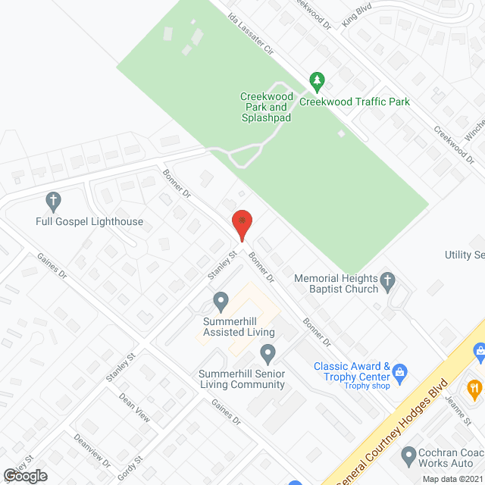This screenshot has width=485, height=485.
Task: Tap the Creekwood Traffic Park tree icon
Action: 317,80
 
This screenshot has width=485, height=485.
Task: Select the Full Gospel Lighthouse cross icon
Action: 53,201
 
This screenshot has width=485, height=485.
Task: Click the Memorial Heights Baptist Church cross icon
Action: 387,282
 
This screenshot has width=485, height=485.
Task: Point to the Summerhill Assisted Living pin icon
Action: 221,302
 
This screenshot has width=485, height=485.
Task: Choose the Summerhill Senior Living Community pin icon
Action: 267,353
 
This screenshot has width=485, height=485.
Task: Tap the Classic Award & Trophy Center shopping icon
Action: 401,372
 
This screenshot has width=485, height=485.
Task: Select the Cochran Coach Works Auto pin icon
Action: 408,456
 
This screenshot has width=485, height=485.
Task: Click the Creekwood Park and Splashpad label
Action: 265,107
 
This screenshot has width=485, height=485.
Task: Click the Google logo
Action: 24,475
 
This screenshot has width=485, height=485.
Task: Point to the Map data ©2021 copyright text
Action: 452,479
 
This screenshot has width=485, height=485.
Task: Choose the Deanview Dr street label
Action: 92,450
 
